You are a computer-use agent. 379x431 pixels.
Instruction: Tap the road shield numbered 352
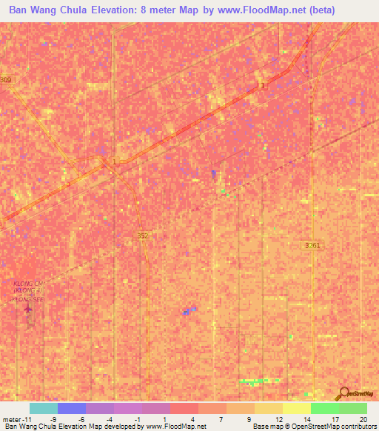tap(143, 235)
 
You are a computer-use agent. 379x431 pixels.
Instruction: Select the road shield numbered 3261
tap(312, 245)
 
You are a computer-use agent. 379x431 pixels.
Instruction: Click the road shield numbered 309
tap(6, 80)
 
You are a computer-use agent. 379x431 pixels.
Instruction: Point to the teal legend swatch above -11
tap(43, 408)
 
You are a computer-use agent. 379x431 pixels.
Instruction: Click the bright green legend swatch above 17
tap(324, 408)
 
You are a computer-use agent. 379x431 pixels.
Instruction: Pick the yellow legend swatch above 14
tap(296, 408)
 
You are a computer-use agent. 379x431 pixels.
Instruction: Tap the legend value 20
tap(362, 418)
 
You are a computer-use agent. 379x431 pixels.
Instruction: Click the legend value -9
tap(53, 418)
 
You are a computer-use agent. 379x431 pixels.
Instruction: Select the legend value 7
tap(220, 418)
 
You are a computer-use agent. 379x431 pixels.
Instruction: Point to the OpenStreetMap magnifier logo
tap(341, 394)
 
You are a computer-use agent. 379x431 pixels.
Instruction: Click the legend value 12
tap(278, 418)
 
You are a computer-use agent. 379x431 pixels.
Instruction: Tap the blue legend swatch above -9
tap(71, 408)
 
